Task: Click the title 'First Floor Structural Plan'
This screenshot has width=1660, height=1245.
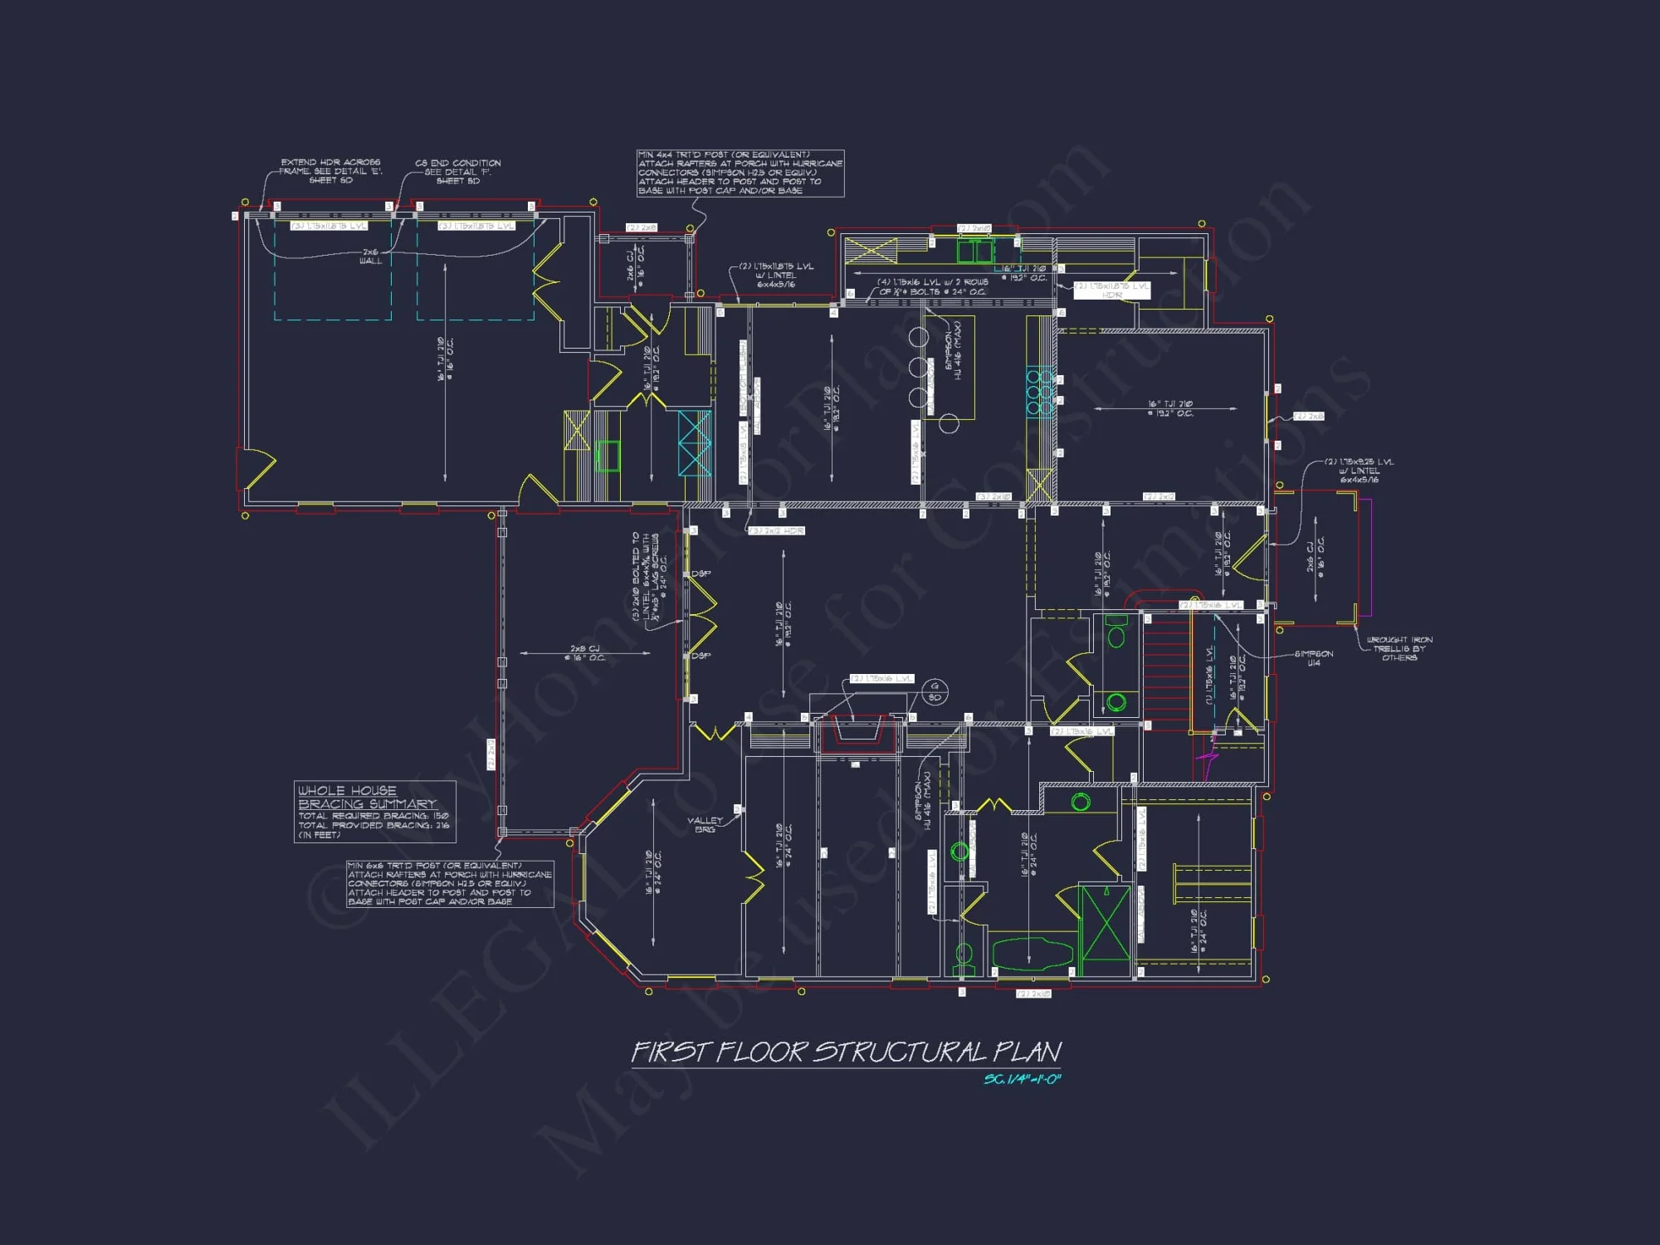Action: point(846,1052)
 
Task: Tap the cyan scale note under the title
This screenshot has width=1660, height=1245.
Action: point(1022,1080)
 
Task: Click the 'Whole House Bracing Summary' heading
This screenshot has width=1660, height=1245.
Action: point(367,798)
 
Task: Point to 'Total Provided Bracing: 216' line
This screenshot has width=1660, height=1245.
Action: point(373,825)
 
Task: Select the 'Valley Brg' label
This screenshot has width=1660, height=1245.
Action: point(705,825)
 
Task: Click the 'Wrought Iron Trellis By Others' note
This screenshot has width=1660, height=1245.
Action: point(1399,648)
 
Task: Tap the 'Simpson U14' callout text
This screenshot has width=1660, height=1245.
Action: point(1314,658)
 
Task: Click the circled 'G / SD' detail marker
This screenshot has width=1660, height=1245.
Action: point(935,691)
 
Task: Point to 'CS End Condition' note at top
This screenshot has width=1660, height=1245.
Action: point(457,172)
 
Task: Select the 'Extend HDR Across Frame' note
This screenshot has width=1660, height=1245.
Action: point(330,171)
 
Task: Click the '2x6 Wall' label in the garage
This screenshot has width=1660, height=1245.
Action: point(370,256)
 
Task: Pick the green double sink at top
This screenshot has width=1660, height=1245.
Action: point(974,251)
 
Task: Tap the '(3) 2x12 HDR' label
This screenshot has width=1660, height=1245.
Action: point(777,530)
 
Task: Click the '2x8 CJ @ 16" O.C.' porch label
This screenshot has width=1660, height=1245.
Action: point(584,653)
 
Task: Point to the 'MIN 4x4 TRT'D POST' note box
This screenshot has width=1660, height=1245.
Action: point(740,173)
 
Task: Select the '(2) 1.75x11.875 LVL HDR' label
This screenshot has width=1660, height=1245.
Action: point(1112,290)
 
